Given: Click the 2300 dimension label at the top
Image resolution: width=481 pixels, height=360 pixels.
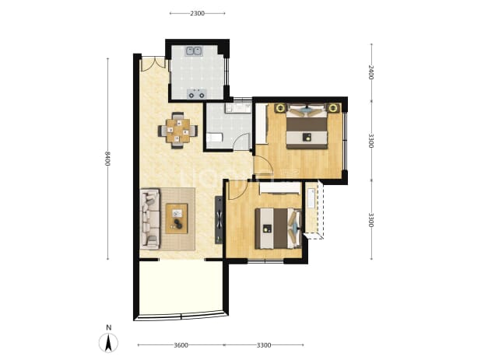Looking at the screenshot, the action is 197,13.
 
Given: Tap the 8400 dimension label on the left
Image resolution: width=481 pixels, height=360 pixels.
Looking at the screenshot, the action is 107,159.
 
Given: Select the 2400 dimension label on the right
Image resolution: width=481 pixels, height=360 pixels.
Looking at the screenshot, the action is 371,72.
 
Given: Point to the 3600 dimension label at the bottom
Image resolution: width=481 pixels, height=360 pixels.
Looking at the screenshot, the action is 181,345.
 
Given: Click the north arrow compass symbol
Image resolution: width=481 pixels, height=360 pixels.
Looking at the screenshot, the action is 108,343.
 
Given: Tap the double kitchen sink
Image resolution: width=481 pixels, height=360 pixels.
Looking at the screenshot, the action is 193,51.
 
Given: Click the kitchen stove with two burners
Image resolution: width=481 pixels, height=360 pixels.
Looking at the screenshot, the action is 197,94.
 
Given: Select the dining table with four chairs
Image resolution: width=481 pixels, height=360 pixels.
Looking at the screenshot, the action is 177,131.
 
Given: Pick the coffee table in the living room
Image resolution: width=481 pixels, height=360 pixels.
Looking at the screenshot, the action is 177,218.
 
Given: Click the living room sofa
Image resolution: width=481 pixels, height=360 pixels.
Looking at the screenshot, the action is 150,218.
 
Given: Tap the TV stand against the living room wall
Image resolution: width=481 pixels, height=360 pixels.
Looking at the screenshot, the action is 219,220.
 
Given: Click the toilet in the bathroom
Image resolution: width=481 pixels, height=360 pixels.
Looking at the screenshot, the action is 214,138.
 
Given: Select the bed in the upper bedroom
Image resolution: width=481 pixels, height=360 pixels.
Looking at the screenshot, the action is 307,126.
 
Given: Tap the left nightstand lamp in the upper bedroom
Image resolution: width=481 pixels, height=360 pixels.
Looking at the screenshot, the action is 279,108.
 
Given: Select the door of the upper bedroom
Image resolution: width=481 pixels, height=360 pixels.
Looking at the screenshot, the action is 263,166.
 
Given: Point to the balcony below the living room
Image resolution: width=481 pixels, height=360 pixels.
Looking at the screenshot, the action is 181,287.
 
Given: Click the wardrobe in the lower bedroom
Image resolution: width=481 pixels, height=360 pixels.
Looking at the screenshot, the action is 279,188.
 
